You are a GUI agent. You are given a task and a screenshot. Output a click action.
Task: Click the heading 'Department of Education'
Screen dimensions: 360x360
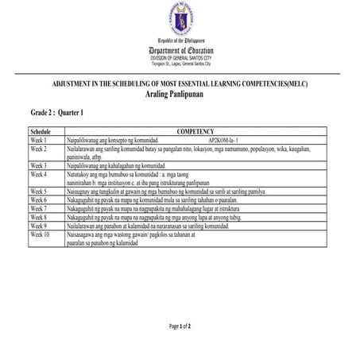pos(180,51)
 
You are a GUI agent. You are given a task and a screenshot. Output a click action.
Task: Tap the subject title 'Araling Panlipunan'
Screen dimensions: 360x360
pos(180,94)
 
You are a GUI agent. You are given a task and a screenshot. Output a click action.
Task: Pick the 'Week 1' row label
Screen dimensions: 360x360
pos(39,138)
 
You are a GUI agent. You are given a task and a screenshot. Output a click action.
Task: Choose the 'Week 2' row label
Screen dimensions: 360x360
pos(39,147)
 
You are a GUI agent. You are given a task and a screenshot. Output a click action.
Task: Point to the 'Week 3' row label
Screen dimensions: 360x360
pos(39,165)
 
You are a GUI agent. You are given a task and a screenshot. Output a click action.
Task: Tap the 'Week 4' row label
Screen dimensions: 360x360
pos(39,173)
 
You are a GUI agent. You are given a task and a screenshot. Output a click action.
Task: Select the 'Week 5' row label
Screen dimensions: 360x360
pos(39,192)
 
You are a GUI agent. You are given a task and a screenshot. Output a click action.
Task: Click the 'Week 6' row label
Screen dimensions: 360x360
pos(39,199)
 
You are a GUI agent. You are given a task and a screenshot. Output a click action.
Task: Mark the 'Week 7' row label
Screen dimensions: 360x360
pos(39,208)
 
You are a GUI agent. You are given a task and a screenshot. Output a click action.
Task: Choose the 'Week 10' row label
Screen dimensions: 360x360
pos(41,234)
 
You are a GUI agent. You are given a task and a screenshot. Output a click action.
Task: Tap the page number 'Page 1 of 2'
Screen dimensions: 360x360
pos(180,327)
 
